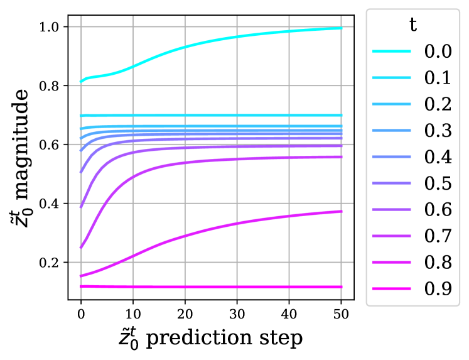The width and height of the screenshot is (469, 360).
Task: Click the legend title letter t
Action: pyautogui.click(x=412, y=25)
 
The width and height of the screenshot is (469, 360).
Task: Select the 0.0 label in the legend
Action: pyautogui.click(x=438, y=52)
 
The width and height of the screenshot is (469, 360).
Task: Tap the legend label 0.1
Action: pyautogui.click(x=438, y=78)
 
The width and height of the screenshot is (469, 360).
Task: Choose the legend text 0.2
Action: pyautogui.click(x=438, y=104)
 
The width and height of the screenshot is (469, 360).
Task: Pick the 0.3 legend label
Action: pyautogui.click(x=438, y=131)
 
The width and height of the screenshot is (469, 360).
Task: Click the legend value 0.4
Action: pyautogui.click(x=438, y=157)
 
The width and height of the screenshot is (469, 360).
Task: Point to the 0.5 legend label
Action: pyautogui.click(x=438, y=183)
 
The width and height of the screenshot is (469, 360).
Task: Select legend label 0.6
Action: pyautogui.click(x=438, y=210)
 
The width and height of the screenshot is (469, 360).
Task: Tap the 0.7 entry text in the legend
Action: pyautogui.click(x=438, y=236)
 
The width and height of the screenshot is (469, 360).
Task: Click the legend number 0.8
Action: pyautogui.click(x=438, y=263)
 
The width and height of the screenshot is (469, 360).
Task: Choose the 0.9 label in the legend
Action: pyautogui.click(x=438, y=289)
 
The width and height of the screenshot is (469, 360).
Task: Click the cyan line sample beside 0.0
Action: pyautogui.click(x=391, y=52)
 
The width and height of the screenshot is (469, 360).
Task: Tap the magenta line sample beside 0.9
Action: pyautogui.click(x=391, y=289)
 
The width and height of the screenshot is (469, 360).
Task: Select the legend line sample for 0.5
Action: pyautogui.click(x=391, y=183)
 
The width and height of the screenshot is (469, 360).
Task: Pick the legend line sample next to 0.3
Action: pyautogui.click(x=391, y=131)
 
